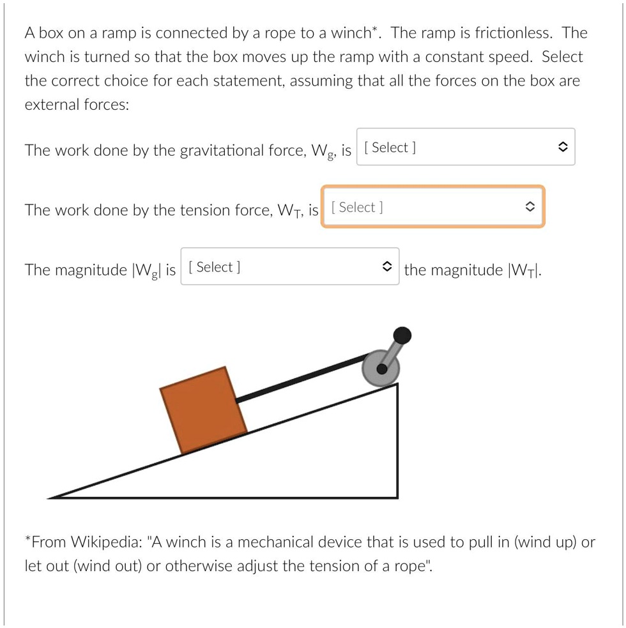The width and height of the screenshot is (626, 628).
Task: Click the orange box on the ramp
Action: (203, 410)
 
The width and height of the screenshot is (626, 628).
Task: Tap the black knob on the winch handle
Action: (402, 335)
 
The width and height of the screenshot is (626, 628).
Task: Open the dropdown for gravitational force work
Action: (466, 148)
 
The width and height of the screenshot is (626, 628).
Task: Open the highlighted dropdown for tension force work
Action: (433, 207)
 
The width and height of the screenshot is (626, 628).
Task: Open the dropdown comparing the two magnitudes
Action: (290, 267)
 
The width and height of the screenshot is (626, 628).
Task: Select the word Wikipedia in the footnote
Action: (106, 542)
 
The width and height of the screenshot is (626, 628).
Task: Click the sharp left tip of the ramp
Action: (51, 496)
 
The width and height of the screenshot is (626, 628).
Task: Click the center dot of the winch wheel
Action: (381, 369)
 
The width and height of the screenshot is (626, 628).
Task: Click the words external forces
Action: (77, 104)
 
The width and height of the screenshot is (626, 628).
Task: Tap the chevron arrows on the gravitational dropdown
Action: (561, 148)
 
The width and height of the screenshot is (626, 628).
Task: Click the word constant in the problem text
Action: (454, 57)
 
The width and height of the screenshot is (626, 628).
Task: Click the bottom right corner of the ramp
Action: (397, 496)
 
